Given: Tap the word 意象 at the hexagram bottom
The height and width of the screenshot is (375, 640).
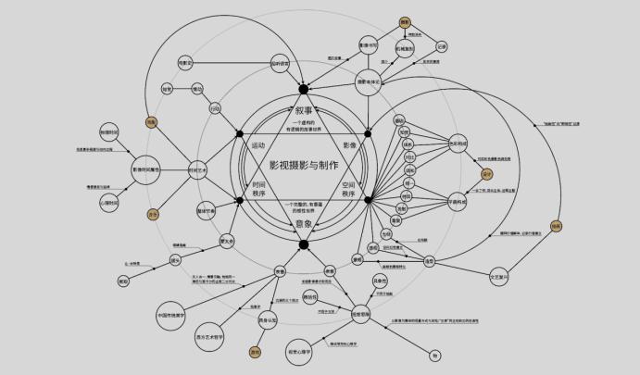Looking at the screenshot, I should click(x=303, y=223).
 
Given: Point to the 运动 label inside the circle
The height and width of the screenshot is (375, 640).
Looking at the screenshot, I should click(x=258, y=145).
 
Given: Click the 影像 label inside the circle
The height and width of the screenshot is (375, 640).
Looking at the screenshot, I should click(x=350, y=145).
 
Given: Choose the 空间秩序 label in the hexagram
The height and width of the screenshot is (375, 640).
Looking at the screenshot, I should click(x=347, y=189).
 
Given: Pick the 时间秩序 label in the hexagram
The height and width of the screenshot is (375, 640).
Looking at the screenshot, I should click(x=259, y=189).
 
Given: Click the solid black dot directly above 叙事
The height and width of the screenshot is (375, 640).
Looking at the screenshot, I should click(x=302, y=89).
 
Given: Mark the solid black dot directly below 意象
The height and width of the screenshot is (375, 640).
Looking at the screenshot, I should click(x=303, y=244).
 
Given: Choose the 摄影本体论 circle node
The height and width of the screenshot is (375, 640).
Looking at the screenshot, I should click(x=370, y=81).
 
